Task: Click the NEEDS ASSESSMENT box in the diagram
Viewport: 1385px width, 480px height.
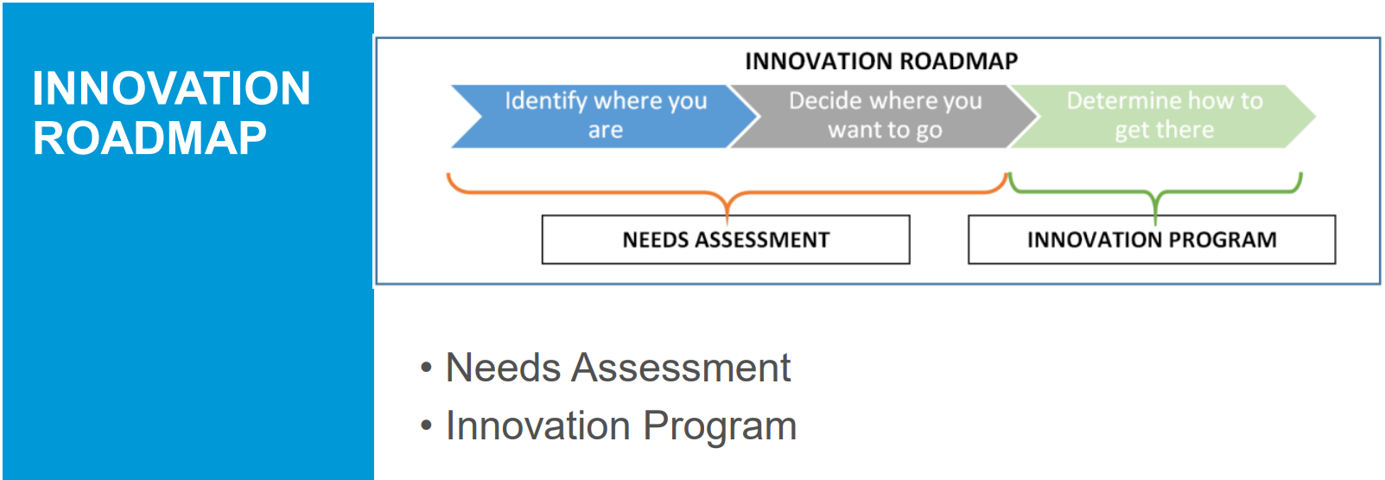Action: pyautogui.click(x=726, y=240)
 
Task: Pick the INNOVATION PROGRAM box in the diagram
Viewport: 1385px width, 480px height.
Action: pyautogui.click(x=1152, y=240)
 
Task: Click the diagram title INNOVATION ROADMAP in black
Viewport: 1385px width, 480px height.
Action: pyautogui.click(x=881, y=61)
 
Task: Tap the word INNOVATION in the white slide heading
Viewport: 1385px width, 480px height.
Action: pyautogui.click(x=171, y=88)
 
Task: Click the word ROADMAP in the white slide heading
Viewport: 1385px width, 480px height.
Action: pyautogui.click(x=149, y=138)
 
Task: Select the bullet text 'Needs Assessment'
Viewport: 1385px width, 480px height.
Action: pyautogui.click(x=618, y=368)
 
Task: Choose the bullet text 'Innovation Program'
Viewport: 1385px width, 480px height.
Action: pyautogui.click(x=620, y=426)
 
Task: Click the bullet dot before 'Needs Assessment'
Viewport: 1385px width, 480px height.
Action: pyautogui.click(x=425, y=368)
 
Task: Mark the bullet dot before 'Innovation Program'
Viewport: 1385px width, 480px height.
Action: pyautogui.click(x=425, y=426)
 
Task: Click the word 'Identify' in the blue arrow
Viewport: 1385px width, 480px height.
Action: pyautogui.click(x=546, y=101)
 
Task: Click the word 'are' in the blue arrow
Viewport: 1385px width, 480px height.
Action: pyautogui.click(x=605, y=131)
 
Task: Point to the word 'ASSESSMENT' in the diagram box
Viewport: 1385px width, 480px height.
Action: pyautogui.click(x=762, y=240)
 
